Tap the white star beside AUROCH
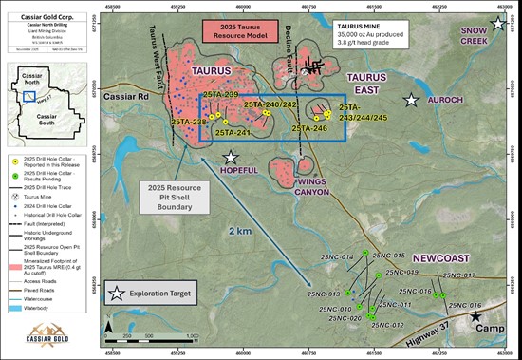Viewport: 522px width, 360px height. click(412, 100)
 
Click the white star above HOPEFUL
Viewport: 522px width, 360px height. click(230, 158)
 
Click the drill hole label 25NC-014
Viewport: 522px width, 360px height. click(337, 257)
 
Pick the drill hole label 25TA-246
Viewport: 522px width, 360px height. click(309, 128)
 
